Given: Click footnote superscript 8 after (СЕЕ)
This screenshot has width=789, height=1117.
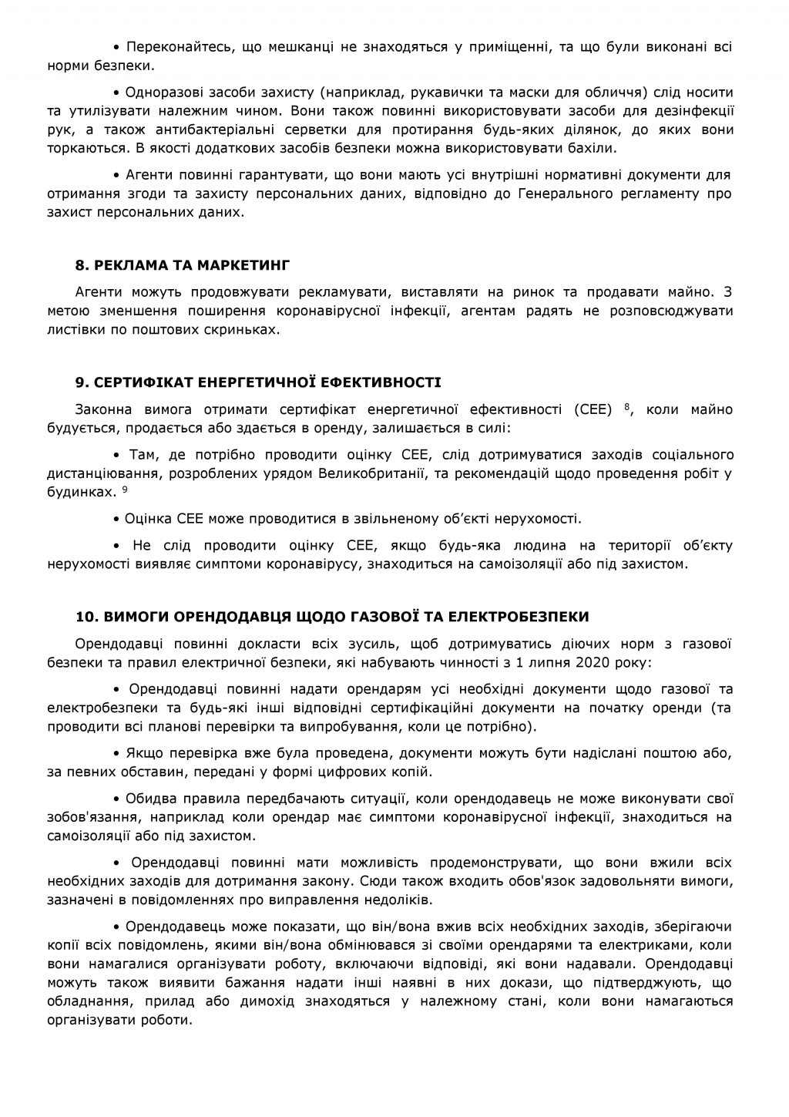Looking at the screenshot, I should [x=627, y=405].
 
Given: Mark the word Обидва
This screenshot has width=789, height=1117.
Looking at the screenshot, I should [x=150, y=799].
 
